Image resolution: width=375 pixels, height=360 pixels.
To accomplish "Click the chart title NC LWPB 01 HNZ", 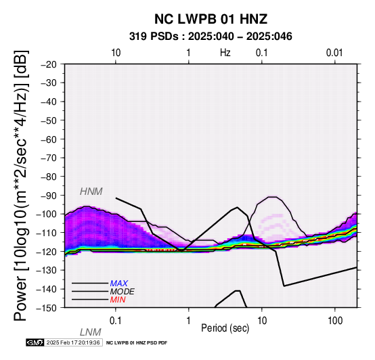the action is coord(211,19).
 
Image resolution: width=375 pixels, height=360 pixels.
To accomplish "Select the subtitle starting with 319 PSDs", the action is coord(211,37).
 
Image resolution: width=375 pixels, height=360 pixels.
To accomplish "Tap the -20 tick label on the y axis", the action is coord(49,64).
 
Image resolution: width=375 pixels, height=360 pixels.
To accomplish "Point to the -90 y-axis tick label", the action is coord(49,196).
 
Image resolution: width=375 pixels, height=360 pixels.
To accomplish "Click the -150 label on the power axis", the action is coord(47,308).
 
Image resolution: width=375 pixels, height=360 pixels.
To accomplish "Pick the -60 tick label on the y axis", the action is coord(49,139).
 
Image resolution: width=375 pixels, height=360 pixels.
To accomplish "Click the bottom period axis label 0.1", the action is coord(116,321).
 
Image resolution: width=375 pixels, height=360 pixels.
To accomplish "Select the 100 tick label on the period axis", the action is coord(335,321).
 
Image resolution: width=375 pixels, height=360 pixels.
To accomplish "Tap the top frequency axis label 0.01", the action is coord(334,53).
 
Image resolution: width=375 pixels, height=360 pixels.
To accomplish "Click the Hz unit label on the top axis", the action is coord(225,53).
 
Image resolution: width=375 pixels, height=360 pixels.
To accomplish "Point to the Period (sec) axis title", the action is coord(225,328).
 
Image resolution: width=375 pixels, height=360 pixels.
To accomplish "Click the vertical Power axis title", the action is coord(21,185).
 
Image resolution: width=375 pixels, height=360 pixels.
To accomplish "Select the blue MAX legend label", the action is coord(119,284).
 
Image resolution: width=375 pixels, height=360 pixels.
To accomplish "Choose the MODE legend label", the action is coord(123,292).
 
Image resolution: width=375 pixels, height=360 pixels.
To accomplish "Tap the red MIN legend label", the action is coord(118,300).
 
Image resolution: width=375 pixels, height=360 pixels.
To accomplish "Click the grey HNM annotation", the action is coord(91,192).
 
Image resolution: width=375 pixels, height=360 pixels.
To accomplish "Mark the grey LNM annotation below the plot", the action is coord(91,332).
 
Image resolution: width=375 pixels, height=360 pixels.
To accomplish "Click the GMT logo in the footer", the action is coord(35,342).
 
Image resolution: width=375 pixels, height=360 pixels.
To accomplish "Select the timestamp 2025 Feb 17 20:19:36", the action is coord(73,342).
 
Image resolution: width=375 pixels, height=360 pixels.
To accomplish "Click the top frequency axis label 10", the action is coord(116,53).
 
